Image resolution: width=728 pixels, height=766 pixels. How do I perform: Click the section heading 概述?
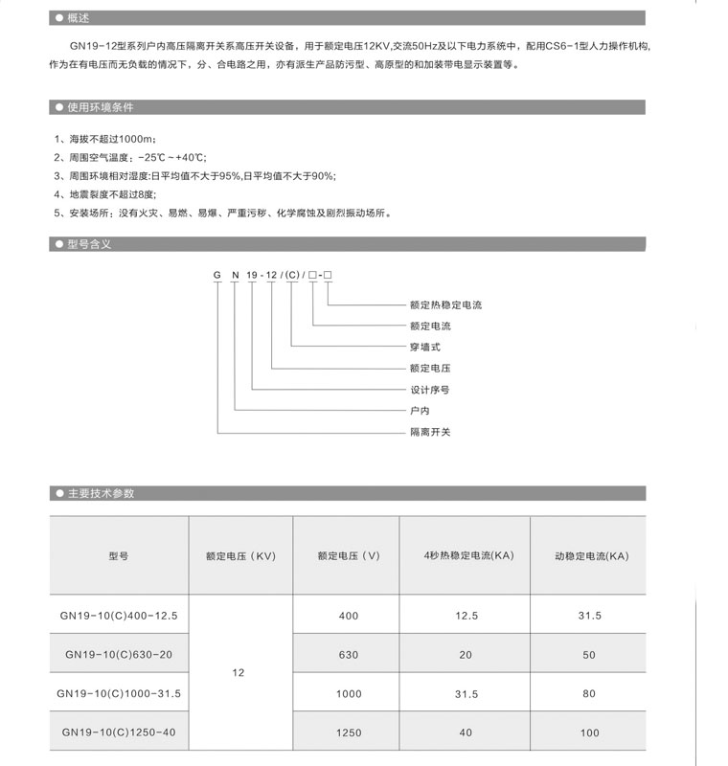tap(78, 18)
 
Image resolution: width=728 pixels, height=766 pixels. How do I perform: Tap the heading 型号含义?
tap(89, 244)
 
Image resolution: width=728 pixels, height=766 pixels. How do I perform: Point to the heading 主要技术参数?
tap(101, 493)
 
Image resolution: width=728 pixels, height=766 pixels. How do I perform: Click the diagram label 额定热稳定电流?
tap(445, 305)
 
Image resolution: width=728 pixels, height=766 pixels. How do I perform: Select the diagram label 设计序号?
tap(429, 390)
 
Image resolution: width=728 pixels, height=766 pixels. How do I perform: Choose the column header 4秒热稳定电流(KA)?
tap(466, 556)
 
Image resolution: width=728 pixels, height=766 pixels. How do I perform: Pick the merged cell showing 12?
tap(239, 673)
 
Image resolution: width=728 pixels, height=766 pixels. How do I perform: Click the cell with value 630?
tap(349, 655)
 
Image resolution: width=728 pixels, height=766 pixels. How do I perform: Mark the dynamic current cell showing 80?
tap(589, 693)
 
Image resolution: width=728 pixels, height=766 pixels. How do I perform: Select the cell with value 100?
tap(589, 732)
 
